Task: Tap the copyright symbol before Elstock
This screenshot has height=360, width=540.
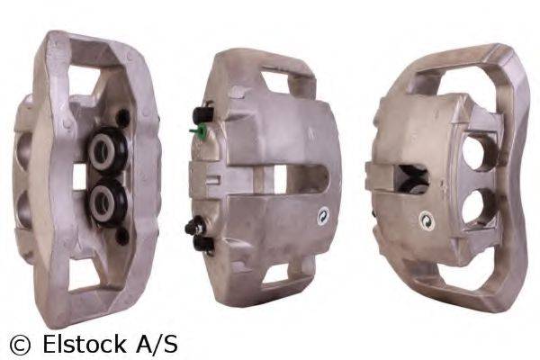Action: point(20,344)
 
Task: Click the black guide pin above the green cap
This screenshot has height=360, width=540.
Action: point(199,115)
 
